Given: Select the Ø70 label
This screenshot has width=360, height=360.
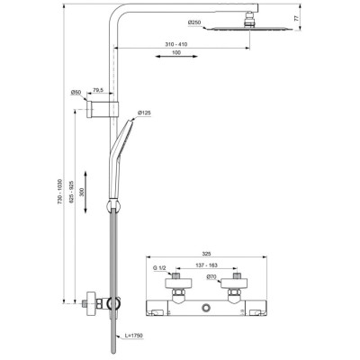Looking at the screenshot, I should coord(211,278).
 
